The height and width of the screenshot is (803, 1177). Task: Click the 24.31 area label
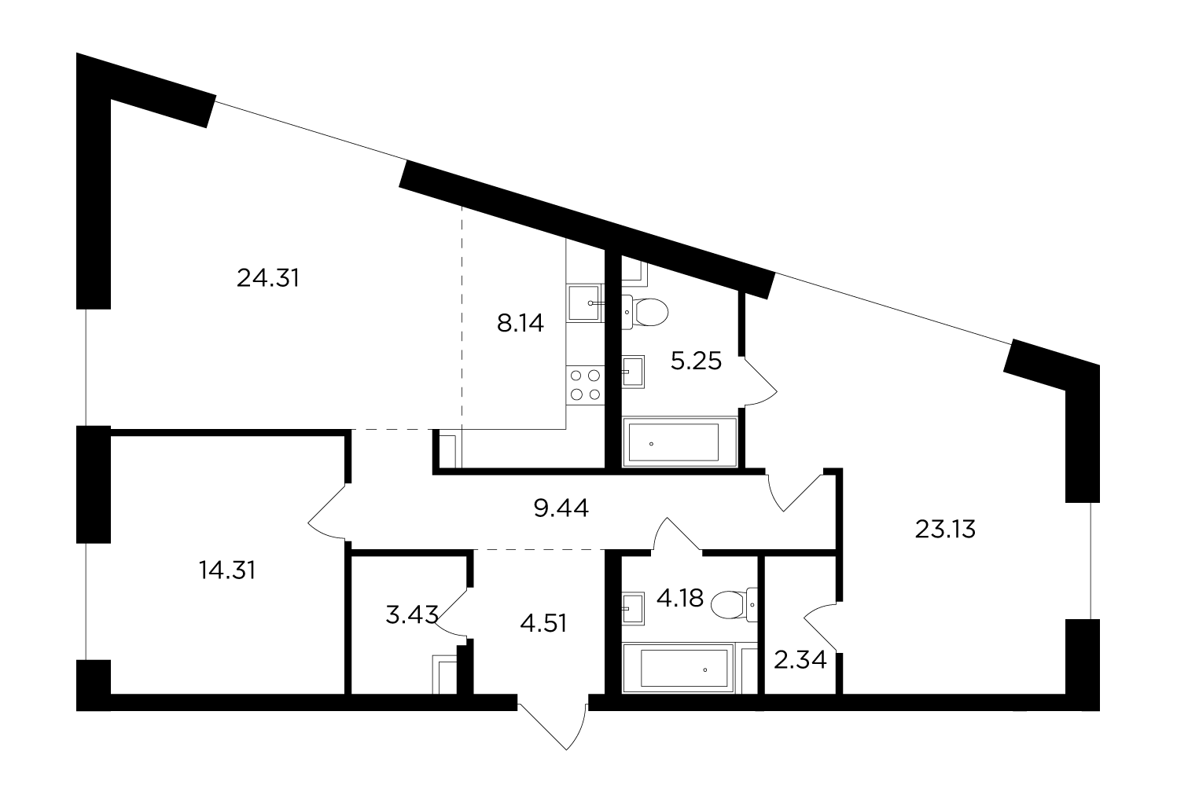268,278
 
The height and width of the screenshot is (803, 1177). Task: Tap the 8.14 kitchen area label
520,323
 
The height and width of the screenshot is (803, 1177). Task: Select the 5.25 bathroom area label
697,361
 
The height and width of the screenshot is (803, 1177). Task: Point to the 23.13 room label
945,529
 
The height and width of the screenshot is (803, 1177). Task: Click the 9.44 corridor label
561,508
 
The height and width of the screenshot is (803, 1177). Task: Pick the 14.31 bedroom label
227,570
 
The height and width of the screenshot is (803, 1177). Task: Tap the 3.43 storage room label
412,614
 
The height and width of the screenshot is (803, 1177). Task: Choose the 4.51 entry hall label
543,623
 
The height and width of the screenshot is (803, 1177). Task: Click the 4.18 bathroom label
680,598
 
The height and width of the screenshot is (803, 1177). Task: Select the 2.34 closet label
800,660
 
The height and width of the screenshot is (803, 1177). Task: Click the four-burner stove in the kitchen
585,385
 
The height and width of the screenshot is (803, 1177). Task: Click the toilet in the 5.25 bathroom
645,312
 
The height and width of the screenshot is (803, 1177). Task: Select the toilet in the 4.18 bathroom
734,604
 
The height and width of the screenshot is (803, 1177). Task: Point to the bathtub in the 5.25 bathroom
680,442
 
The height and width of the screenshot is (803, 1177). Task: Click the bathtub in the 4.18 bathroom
678,668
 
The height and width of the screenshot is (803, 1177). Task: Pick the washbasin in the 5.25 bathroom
633,372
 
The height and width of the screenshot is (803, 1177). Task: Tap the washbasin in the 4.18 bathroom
633,609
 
